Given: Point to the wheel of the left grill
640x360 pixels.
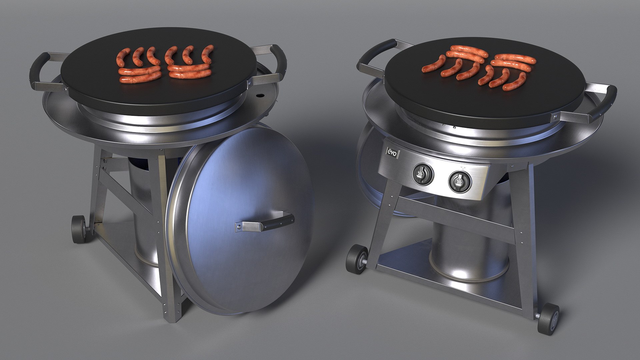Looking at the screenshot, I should [79, 229].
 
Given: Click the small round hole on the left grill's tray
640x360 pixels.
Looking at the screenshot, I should [259, 96].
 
